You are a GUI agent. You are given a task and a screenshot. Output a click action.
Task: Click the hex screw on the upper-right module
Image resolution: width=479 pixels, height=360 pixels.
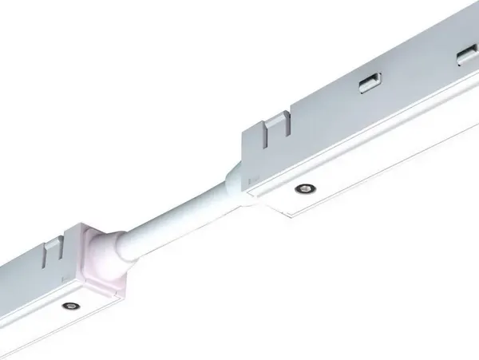[304, 188]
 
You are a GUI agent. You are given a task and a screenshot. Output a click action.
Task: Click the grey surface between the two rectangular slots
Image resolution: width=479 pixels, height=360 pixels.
[415, 69]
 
